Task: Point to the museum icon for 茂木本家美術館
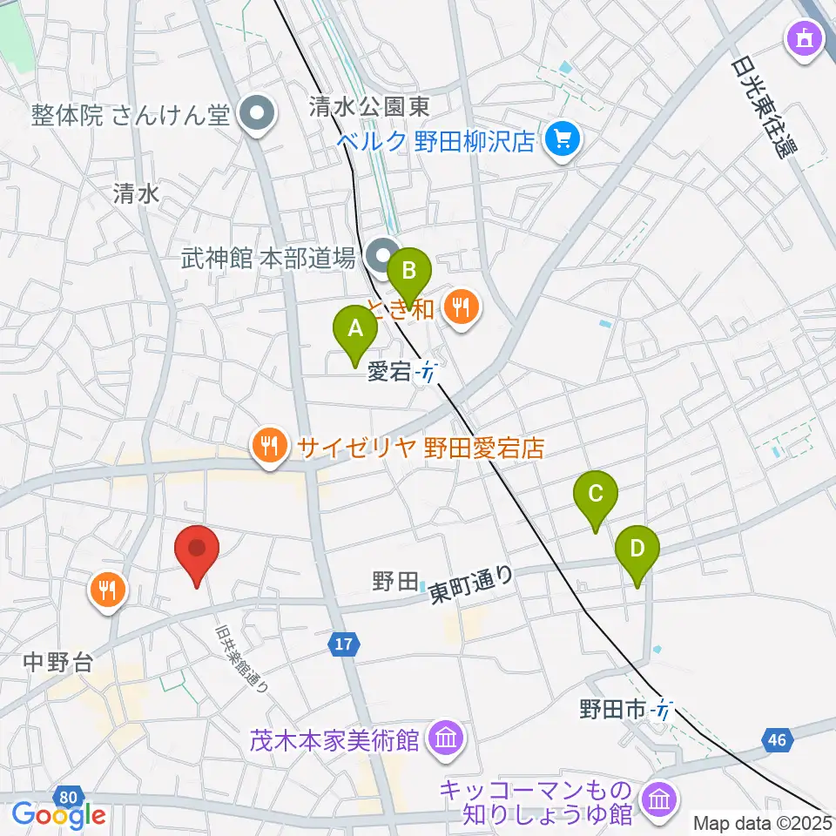(x=446, y=740)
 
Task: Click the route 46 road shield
(x=778, y=740)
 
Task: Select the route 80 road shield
(x=69, y=795)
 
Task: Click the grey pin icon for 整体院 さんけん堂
(x=258, y=112)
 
